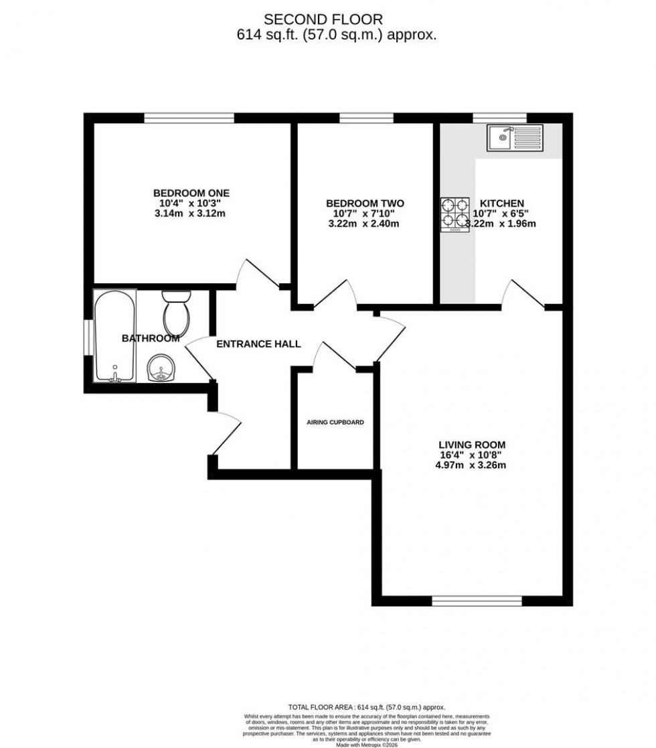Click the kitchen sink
[515, 137]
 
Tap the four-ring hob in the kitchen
[455, 215]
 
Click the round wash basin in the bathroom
[161, 368]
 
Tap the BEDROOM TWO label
[365, 203]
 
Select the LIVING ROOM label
[472, 444]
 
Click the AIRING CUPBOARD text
[335, 423]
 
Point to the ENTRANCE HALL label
[258, 344]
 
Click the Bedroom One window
[189, 118]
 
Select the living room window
[477, 601]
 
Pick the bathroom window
[88, 337]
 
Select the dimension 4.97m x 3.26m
[471, 465]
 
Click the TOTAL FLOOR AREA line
[366, 707]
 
